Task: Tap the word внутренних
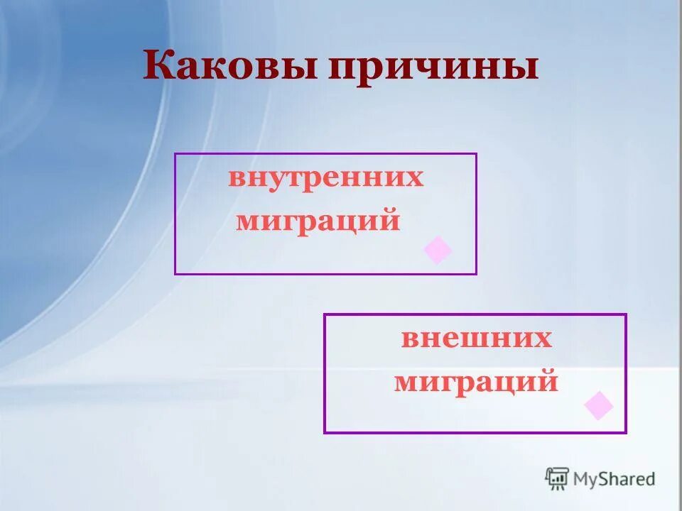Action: click(x=325, y=178)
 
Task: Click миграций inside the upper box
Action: click(x=318, y=221)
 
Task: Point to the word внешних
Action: click(x=476, y=339)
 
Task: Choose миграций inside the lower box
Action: click(x=476, y=383)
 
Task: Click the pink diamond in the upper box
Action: click(x=438, y=251)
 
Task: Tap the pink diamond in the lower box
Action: click(x=598, y=405)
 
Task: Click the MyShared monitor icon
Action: click(x=557, y=478)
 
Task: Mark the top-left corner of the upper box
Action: click(x=175, y=154)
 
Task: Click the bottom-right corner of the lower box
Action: click(x=625, y=432)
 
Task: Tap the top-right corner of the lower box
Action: click(x=625, y=315)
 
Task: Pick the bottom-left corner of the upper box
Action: click(x=175, y=273)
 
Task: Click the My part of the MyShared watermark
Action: click(x=585, y=480)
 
